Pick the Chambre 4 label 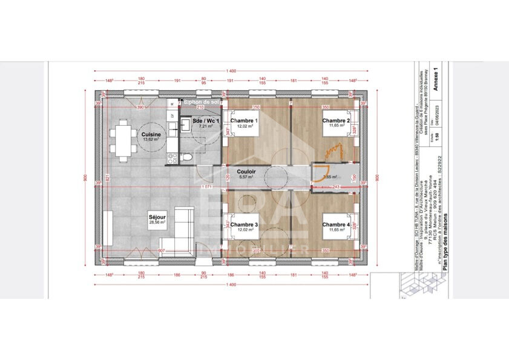pos(336,224)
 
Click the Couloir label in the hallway pos(246,171)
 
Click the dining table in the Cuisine pos(123,141)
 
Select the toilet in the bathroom pos(188,157)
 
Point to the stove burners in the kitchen pos(172,159)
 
